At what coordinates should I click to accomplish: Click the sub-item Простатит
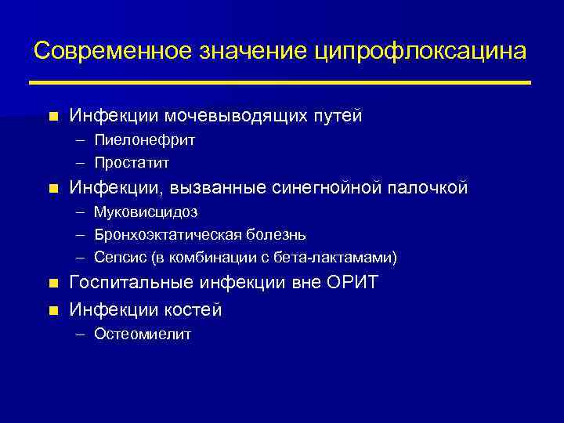coord(131,163)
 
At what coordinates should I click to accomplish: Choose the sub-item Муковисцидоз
coord(146,211)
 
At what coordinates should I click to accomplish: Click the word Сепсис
coord(117,257)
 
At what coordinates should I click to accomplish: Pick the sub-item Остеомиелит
coord(142,334)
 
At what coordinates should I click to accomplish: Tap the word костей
coord(193,310)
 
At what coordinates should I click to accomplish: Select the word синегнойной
coord(325,188)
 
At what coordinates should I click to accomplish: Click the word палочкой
coord(430,188)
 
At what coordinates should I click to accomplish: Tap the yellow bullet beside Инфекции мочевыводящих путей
coord(52,117)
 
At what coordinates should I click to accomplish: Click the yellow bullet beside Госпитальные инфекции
coord(52,284)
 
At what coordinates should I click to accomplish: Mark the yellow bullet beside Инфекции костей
coord(52,311)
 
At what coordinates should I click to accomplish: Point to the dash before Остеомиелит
coord(82,334)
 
